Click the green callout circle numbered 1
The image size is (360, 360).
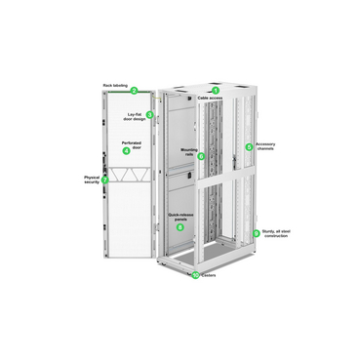(216, 90)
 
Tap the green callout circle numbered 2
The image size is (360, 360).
(135, 90)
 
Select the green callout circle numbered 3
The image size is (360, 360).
(149, 115)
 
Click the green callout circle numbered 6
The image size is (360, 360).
(201, 155)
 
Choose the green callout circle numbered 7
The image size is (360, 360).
(104, 180)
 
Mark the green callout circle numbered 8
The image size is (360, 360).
(249, 147)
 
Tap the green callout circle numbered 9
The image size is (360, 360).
(257, 232)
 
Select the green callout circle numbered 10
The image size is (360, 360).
(195, 274)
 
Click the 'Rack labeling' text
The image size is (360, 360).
(115, 85)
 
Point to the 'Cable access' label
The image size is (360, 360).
(212, 99)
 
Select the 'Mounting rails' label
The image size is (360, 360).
(189, 153)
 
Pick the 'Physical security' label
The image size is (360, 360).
(91, 180)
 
